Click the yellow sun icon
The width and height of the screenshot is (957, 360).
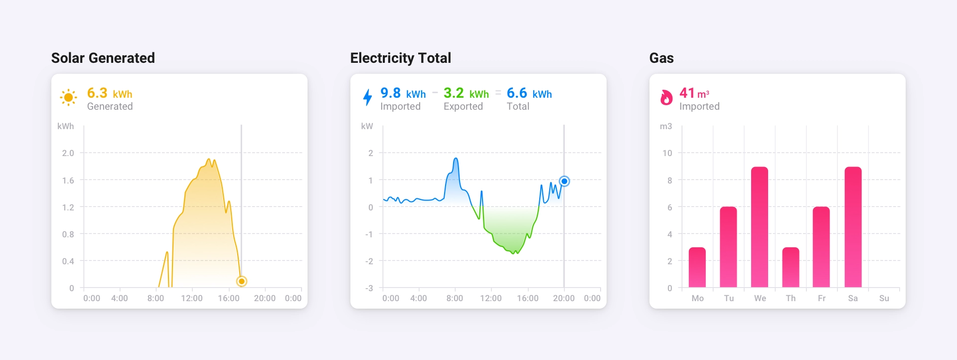[68, 97]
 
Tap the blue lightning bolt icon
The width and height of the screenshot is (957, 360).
[367, 97]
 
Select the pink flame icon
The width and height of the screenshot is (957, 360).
[666, 97]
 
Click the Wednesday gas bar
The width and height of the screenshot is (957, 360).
[760, 227]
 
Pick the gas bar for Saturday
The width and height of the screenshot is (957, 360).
[853, 227]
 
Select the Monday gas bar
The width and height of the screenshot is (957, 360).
[697, 267]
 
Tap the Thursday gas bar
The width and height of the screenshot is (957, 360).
[791, 267]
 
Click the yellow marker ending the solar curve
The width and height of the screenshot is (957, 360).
[241, 281]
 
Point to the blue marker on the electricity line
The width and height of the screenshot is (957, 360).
[564, 181]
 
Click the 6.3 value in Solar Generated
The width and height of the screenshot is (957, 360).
[97, 93]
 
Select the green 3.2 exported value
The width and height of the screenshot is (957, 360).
[454, 93]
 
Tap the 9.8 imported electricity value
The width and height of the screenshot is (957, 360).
[390, 93]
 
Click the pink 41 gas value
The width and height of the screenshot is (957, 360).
[687, 93]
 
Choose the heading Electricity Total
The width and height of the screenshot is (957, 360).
[400, 58]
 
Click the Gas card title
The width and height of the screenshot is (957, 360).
[661, 58]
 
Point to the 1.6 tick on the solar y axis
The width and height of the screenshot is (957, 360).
[68, 180]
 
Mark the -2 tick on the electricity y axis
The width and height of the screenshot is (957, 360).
[369, 261]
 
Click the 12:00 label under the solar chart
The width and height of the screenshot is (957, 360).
[191, 298]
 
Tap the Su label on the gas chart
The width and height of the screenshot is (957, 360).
[884, 298]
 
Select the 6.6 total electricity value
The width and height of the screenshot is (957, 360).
[517, 93]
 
